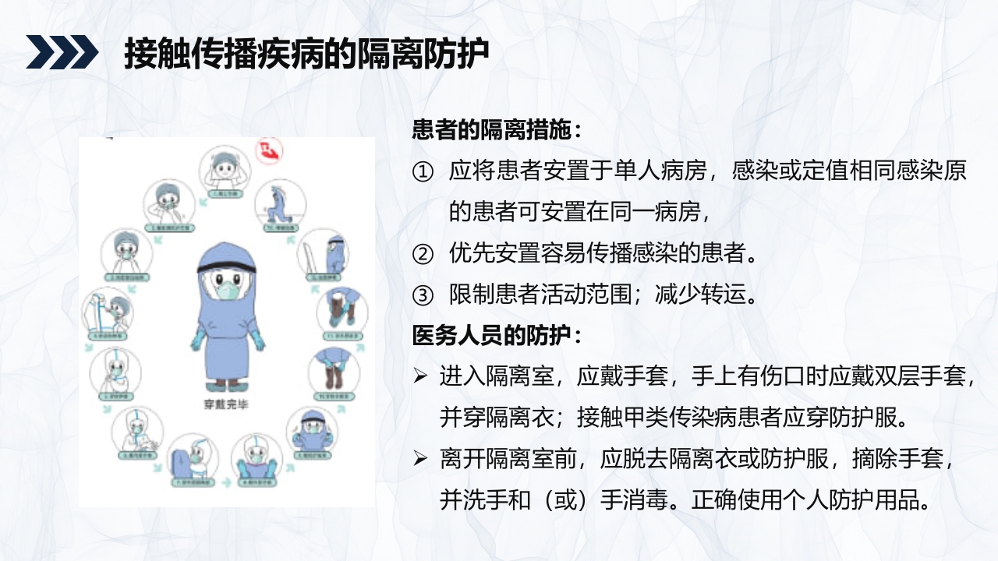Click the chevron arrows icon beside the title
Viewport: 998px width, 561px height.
tap(62, 53)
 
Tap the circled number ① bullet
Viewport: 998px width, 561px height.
tap(422, 172)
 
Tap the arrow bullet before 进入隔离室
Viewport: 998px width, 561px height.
tap(420, 377)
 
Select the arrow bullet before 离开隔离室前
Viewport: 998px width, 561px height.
tap(420, 459)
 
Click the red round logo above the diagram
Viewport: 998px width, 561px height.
tap(270, 150)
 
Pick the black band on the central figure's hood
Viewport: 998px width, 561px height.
tap(228, 269)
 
